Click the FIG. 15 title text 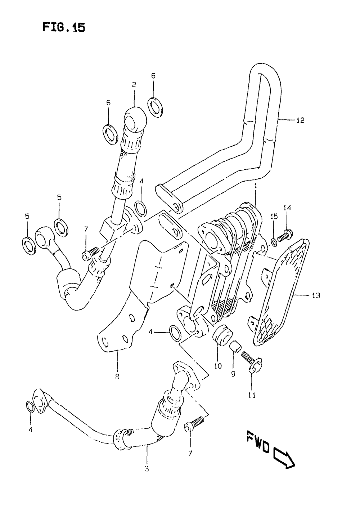64,27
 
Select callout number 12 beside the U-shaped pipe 300,120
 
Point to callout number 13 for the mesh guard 316,296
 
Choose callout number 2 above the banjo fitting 134,85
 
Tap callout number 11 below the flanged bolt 252,395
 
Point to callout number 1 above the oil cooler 255,187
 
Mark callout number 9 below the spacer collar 234,374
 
